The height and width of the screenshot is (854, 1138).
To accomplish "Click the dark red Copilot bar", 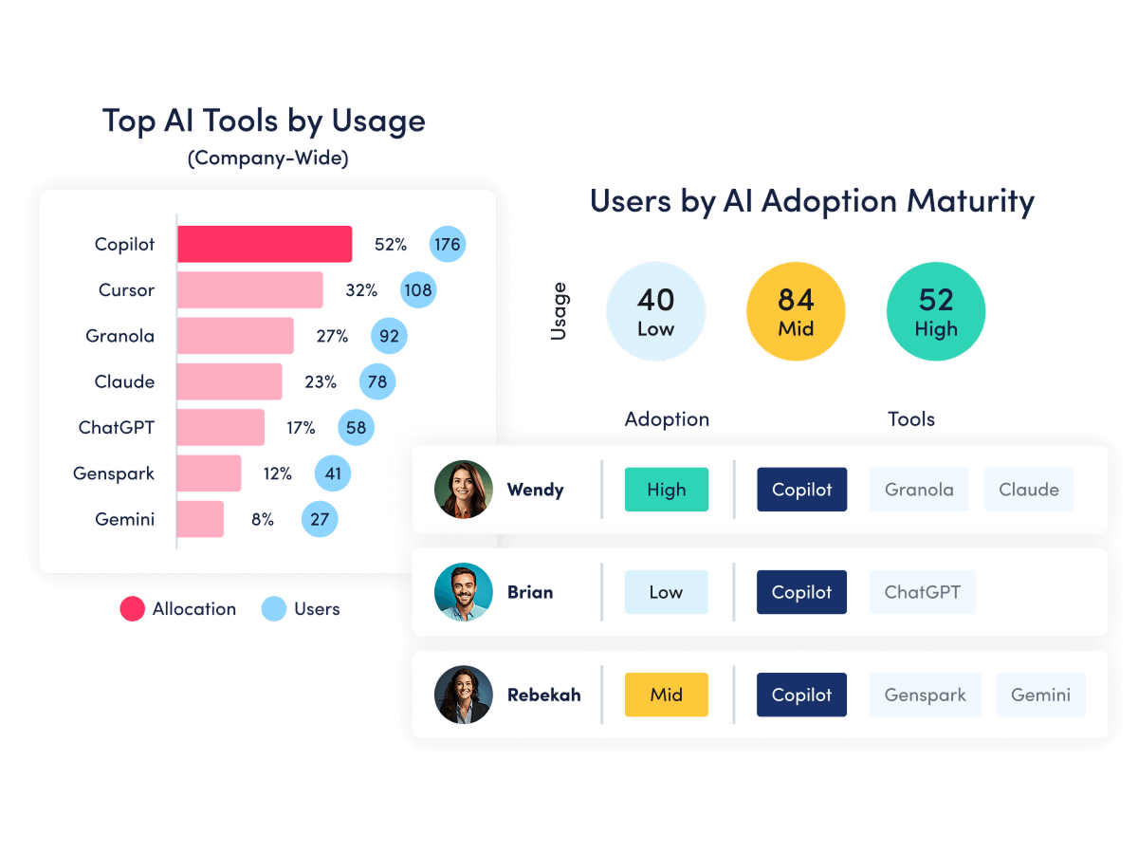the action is (265, 244).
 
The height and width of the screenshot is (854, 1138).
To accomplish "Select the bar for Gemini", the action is (200, 518).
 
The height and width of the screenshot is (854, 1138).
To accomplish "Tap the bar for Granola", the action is (235, 336).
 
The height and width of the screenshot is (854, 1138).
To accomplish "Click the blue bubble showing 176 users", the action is (447, 244).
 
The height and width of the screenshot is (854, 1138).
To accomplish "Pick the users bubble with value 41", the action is (332, 473).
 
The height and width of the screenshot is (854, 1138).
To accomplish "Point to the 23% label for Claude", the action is (321, 381).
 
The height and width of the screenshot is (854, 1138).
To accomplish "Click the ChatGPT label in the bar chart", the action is (116, 427).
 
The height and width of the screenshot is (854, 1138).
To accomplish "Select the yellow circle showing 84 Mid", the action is (796, 311).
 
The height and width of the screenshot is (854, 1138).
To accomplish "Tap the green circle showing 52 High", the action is (935, 311).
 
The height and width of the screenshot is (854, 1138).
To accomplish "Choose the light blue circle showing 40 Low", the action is (655, 311).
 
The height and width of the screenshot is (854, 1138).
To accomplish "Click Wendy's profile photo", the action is (463, 489).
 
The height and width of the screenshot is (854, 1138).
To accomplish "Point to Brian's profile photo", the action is (463, 591).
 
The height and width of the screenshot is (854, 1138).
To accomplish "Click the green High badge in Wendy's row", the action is (667, 489).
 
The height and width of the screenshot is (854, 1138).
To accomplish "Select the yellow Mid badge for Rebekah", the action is (667, 695).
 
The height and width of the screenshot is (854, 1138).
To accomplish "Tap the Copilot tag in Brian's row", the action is (801, 591).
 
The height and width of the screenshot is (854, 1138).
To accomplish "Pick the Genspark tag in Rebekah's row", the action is (925, 695).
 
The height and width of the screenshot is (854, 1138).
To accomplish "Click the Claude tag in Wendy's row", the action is (1029, 489).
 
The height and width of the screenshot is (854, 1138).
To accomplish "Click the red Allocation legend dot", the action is (132, 608).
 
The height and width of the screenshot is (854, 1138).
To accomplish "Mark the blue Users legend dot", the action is (274, 608).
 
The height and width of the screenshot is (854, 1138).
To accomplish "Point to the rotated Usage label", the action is (559, 311).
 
